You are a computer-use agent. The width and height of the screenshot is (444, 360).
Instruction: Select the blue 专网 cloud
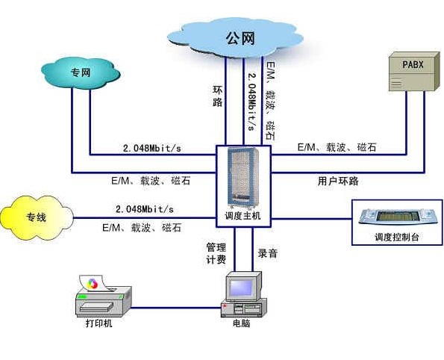coord(80,73)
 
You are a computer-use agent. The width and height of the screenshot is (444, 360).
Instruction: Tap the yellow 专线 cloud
coord(37,218)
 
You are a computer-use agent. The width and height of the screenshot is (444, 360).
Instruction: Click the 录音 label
coord(268,253)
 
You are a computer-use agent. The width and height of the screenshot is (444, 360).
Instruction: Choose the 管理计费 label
coord(216,253)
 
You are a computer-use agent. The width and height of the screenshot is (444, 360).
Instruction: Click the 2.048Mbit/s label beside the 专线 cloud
coord(145,208)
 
